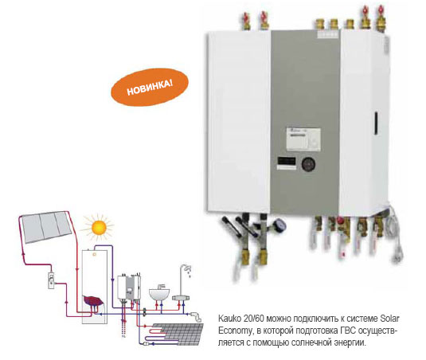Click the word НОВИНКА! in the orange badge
150,87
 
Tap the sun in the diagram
99,228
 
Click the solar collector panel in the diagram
46,227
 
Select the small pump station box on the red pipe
51,280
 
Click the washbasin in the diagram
159,293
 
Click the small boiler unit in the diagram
129,288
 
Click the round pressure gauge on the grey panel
309,164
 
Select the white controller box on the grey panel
303,139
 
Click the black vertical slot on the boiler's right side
377,123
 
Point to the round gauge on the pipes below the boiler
279,225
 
